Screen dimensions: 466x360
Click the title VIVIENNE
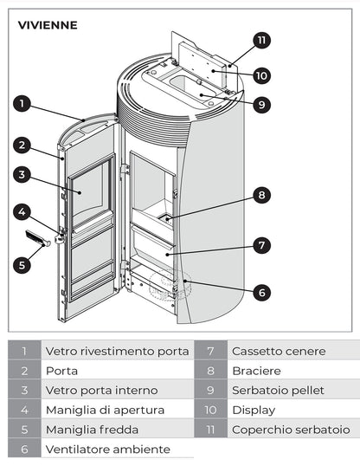tap(48, 25)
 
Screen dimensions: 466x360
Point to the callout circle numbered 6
tap(260, 292)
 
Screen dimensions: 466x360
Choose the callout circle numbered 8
tap(260, 194)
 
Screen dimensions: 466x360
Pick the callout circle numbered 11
tap(262, 40)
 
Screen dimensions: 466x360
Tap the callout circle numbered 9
tap(260, 104)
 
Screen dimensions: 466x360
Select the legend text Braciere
tap(256, 371)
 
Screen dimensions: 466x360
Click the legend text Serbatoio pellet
tap(279, 391)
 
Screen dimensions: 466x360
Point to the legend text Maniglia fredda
tap(91, 430)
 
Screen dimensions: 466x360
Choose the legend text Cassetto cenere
tap(279, 351)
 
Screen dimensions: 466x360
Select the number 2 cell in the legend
tap(25, 371)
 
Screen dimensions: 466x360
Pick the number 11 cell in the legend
tap(210, 430)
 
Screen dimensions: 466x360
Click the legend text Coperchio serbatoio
tap(290, 430)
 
